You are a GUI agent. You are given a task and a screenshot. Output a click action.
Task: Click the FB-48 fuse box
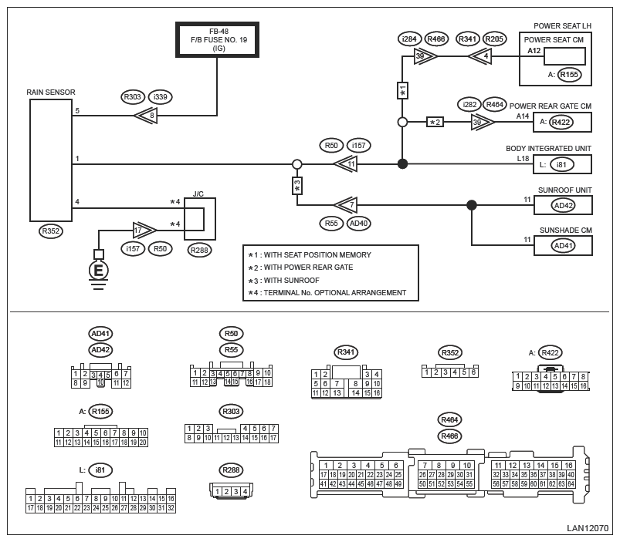click(x=217, y=40)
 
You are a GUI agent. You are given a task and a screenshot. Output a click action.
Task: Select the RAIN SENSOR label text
click(x=51, y=93)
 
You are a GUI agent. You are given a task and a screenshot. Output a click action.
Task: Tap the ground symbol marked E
click(x=98, y=271)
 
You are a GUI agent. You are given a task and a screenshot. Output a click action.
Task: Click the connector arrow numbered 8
click(x=146, y=116)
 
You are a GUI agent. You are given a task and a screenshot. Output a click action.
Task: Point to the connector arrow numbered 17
click(x=144, y=231)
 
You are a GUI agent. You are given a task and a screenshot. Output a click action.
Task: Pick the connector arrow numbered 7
click(x=346, y=205)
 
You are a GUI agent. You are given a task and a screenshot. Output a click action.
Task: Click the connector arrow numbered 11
click(x=346, y=163)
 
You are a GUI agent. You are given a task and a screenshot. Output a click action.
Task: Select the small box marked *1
click(x=402, y=90)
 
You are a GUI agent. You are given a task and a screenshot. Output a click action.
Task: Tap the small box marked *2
click(x=435, y=122)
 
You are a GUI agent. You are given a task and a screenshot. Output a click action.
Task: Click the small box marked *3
click(x=297, y=186)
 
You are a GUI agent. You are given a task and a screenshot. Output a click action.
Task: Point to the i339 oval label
click(x=160, y=96)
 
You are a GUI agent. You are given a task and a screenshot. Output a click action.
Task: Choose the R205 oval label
click(x=494, y=39)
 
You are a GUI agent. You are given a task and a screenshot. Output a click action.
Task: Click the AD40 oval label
click(x=358, y=224)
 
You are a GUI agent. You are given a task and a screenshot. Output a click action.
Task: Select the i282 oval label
click(x=469, y=105)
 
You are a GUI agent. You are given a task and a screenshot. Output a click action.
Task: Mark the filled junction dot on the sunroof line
click(x=471, y=205)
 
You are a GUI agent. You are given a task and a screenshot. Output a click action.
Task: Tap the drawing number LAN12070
click(x=587, y=528)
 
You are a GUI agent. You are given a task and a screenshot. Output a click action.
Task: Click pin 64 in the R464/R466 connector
click(x=571, y=484)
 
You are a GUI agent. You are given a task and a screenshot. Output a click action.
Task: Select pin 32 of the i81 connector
click(x=171, y=508)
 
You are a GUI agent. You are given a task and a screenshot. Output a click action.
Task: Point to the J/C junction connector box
click(x=200, y=219)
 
